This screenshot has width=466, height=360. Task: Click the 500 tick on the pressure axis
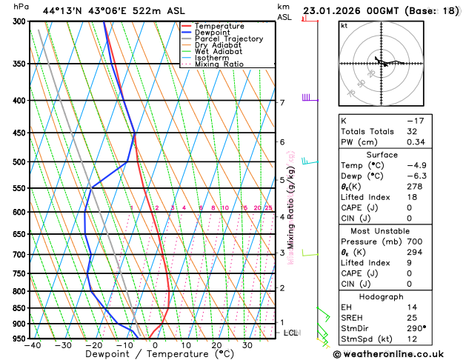pyautogui.click(x=20, y=161)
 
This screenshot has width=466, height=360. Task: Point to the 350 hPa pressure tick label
pyautogui.click(x=20, y=64)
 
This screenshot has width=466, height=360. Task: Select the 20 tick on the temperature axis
pyautogui.click(x=216, y=344)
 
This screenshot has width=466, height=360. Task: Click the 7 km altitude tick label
pyautogui.click(x=282, y=102)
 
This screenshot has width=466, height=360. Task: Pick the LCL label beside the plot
pyautogui.click(x=290, y=333)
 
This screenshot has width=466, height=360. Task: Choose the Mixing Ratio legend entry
pyautogui.click(x=219, y=64)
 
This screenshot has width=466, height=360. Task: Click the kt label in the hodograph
pyautogui.click(x=344, y=25)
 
